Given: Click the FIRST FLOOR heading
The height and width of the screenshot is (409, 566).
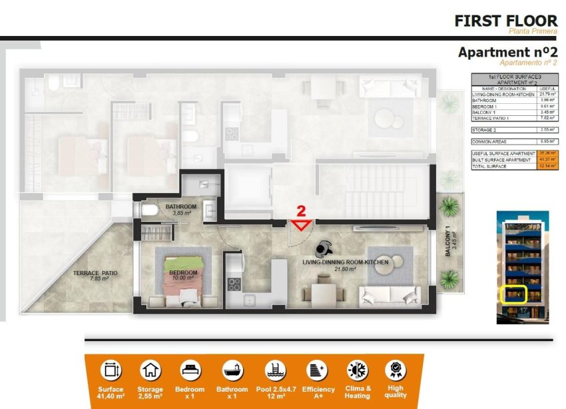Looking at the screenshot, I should point(505,21).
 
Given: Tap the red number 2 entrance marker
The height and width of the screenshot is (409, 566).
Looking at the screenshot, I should point(301,212).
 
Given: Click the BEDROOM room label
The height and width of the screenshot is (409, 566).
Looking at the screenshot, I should point(183,272).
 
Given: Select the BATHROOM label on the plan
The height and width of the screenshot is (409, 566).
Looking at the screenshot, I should point(181,207).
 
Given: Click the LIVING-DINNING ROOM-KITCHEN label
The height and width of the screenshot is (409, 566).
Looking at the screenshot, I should point(345,262).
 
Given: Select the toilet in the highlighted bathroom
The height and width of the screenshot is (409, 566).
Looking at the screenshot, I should point(148,210).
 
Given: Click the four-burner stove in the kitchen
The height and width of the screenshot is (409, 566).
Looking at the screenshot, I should point(234,284).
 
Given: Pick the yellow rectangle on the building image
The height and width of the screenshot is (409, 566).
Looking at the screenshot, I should point(513,293).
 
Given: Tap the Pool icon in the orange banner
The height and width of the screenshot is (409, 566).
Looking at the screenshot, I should point(273,370).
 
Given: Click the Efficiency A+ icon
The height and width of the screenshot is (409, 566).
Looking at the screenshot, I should point(314,370).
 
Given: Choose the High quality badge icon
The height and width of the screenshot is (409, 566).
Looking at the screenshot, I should point(395,370).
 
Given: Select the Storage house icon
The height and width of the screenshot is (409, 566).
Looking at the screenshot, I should point(150,370).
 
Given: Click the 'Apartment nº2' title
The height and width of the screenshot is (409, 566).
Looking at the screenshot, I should point(507,53).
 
